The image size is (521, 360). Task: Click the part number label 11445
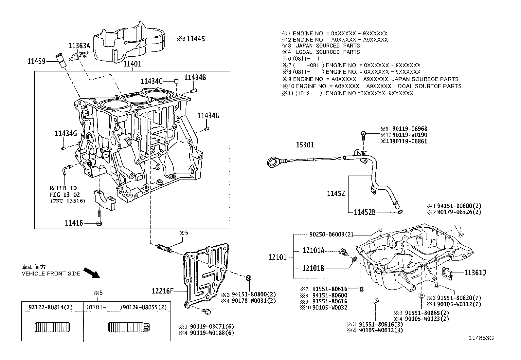(195, 39)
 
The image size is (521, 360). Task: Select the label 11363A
(79, 46)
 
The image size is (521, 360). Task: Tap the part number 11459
(36, 61)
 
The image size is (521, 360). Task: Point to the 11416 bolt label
(74, 223)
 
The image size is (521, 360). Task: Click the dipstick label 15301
(305, 144)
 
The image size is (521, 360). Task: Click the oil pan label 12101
(277, 257)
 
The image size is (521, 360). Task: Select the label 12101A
(313, 251)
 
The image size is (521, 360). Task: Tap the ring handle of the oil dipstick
(273, 161)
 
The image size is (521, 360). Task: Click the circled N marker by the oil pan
(461, 234)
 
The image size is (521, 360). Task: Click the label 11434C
(152, 81)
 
